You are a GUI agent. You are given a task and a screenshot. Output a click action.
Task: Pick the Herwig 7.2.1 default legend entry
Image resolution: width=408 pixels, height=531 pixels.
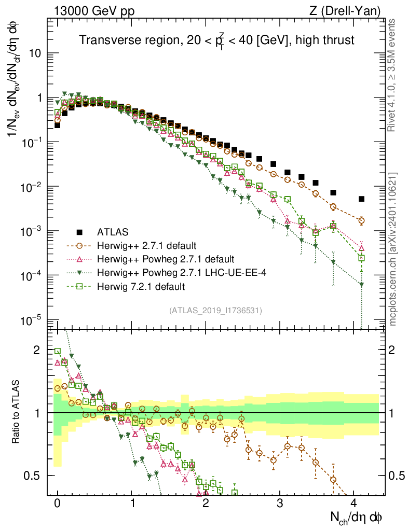[141, 286]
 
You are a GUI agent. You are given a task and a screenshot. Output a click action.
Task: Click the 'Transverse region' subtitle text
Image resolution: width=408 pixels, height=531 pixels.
[216, 40]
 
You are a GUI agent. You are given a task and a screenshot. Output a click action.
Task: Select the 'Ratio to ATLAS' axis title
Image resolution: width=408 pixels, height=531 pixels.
[17, 412]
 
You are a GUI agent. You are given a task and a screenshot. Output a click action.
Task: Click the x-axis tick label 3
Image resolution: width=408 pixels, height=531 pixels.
[280, 504]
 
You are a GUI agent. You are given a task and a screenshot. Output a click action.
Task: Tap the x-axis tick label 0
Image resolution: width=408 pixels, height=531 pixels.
[58, 504]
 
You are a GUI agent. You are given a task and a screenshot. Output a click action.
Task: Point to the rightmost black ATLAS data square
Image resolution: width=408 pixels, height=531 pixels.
[361, 199]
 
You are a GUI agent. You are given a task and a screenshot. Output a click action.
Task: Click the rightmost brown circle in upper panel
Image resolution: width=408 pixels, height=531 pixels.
[361, 220]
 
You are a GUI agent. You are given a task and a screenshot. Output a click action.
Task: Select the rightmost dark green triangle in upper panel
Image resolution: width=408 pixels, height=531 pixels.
[361, 284]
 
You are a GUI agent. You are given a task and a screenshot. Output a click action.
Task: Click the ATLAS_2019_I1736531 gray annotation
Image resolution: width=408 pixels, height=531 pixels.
[215, 310]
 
